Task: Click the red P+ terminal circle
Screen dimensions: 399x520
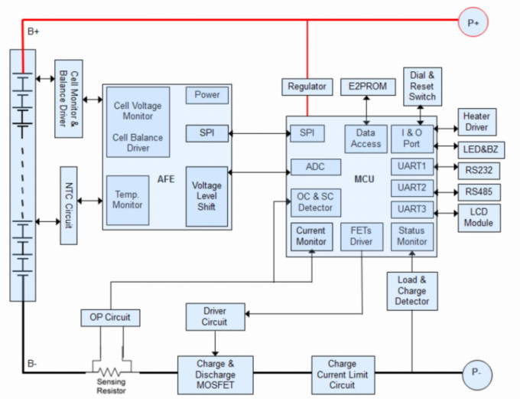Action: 473,23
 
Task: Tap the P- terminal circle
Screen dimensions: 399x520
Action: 476,374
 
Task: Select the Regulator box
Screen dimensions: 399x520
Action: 307,87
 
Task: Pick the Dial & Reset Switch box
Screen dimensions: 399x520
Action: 422,86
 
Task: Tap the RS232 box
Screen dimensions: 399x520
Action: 476,169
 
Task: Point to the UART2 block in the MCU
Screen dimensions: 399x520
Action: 412,188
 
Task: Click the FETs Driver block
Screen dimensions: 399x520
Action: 361,236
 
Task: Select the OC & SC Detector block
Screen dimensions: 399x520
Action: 315,201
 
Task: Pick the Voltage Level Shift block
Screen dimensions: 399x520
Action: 206,196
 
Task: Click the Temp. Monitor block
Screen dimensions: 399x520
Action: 127,199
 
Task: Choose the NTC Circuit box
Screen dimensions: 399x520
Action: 67,204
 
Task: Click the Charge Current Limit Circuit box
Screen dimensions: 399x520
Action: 342,374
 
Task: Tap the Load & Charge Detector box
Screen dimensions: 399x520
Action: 412,291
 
